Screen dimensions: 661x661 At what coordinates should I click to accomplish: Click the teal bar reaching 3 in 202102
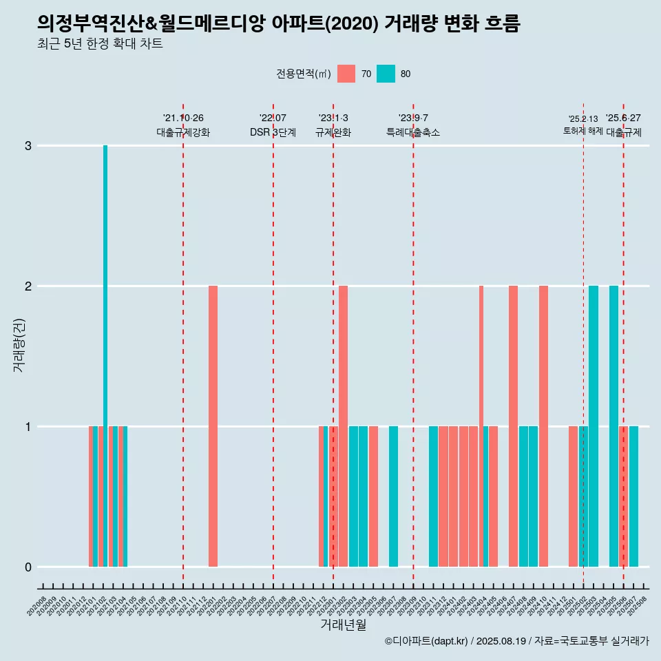tap(105, 356)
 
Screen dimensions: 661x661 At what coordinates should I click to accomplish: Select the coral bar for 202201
tap(213, 426)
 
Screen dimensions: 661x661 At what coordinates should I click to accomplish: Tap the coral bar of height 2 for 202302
tap(343, 426)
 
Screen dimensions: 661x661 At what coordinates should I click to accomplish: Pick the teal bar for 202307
tap(393, 496)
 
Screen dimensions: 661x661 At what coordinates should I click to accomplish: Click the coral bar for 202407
tap(513, 426)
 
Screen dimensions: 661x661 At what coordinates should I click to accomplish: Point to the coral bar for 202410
tap(543, 426)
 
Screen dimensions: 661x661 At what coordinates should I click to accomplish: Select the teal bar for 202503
tap(594, 426)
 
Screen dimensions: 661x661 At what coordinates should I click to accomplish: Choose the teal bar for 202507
tap(633, 496)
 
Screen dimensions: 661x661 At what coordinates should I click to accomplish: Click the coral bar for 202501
tap(574, 496)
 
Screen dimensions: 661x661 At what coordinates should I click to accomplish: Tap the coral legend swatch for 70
tap(346, 74)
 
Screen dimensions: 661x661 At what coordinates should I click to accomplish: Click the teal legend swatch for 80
tap(386, 74)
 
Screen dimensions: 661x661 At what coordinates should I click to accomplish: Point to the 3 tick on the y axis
tap(28, 146)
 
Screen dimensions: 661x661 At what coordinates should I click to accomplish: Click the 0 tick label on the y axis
tap(28, 567)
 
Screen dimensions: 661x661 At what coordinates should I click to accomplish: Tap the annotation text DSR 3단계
tap(273, 132)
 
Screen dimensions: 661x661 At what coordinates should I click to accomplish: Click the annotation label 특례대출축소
tap(413, 132)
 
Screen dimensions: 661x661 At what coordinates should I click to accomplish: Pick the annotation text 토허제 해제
tap(583, 131)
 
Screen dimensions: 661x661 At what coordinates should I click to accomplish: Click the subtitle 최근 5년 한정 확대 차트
tap(101, 45)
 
